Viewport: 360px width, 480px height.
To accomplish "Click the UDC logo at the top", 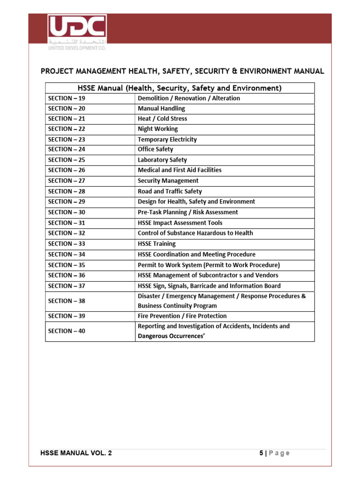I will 77,33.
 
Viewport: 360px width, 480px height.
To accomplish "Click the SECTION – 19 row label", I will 67,98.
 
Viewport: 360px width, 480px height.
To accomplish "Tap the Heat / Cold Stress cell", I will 162,119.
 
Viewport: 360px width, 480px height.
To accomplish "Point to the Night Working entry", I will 157,129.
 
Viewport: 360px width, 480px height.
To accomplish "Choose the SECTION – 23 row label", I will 67,140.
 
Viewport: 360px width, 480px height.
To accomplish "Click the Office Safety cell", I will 155,150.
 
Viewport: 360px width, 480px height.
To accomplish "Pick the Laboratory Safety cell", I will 162,160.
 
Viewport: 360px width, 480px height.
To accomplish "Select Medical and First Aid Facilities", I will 180,170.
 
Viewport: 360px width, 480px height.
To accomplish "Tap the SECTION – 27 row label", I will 67,181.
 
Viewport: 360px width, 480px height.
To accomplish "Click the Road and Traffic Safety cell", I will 170,191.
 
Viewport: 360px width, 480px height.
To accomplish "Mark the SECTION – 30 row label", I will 67,212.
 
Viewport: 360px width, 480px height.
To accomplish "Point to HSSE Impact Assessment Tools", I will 180,223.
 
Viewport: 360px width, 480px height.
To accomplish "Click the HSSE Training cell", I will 157,244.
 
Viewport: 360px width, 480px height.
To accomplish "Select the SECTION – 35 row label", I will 67,265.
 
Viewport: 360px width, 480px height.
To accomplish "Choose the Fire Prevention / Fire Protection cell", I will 182,316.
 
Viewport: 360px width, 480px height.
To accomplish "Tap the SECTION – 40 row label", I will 67,331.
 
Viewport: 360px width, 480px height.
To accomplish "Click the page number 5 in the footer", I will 261,453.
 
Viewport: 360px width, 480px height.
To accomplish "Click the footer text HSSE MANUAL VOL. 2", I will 76,453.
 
